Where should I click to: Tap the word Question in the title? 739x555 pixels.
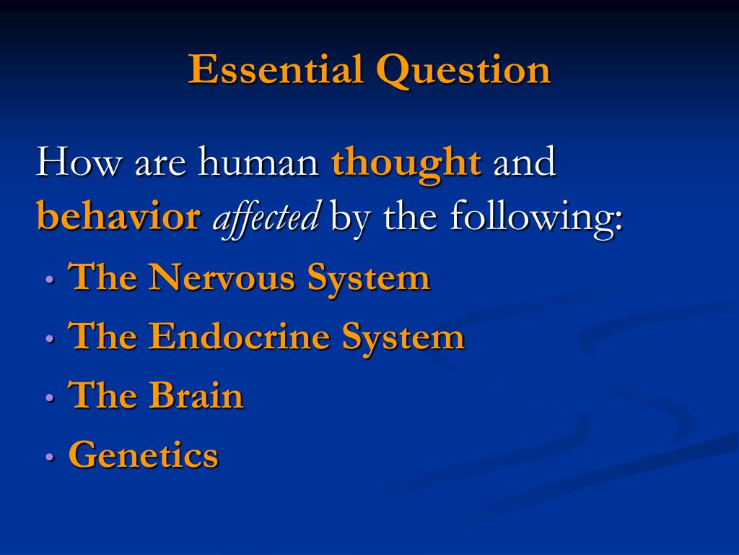point(464,70)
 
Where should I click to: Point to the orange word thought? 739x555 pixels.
point(406,164)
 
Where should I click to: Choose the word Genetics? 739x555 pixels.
point(144,454)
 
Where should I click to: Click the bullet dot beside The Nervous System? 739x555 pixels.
point(50,280)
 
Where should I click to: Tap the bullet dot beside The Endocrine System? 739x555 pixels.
point(50,338)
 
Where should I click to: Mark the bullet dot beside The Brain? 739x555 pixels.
point(50,397)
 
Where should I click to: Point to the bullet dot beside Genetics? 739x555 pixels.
point(50,457)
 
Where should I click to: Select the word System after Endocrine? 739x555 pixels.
point(403,338)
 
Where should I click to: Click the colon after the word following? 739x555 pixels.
point(618,221)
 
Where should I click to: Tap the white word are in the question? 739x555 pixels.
point(160,166)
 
